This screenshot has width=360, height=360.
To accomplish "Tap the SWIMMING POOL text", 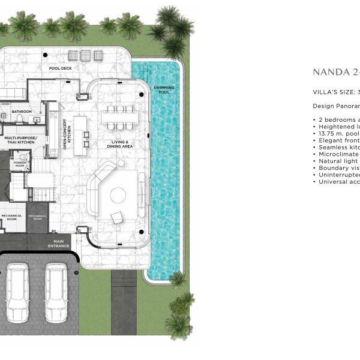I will point(164,90).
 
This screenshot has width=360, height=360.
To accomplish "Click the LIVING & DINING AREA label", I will point(118,144).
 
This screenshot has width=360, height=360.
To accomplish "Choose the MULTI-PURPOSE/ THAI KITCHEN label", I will point(21,140).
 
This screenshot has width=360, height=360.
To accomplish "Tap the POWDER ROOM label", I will point(19,163).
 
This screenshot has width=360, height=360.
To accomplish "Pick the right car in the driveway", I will point(57,292).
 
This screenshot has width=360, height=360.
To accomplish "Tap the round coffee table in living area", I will point(117,195).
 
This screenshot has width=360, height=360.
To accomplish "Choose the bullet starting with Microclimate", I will point(336,154).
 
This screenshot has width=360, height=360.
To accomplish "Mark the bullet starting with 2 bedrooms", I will point(336,120).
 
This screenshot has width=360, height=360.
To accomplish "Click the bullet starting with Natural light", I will point(336,161).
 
